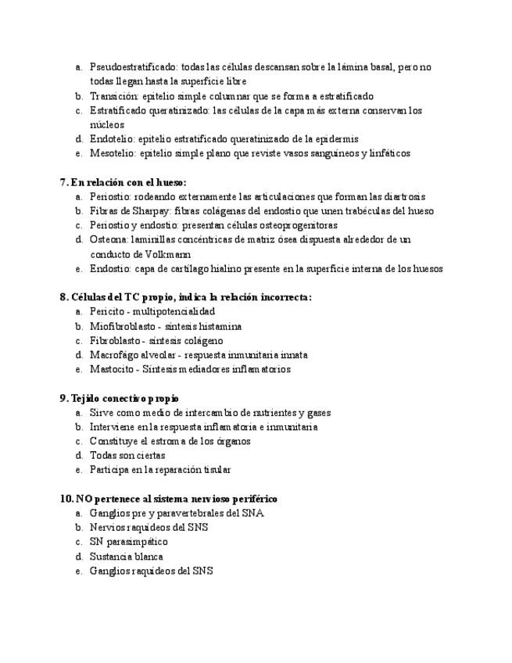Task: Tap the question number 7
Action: pos(63,182)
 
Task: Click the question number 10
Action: pos(66,498)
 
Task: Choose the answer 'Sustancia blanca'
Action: pos(126,557)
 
